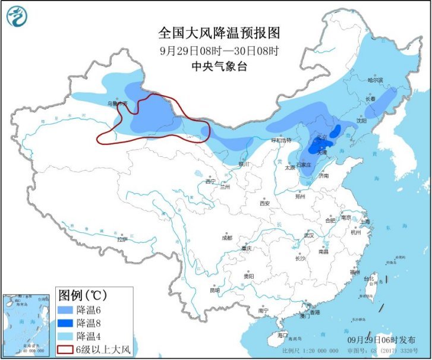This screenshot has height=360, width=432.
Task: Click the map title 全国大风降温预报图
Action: point(219,32)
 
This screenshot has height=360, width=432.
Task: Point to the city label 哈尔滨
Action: point(375,80)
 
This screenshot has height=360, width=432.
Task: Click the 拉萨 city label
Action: point(122,239)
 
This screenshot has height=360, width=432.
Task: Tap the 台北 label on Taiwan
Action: point(369,278)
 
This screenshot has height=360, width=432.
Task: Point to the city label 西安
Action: point(264,203)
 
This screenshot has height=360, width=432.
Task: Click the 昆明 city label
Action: point(215,290)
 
